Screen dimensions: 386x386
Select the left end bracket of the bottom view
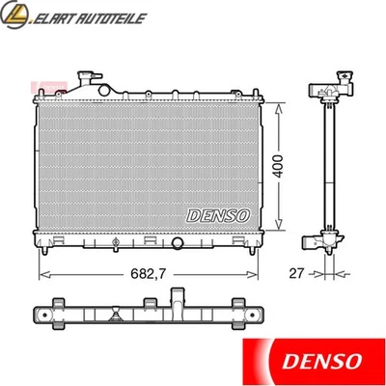[x=43, y=317]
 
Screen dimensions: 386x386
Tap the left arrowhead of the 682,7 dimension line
[x=42, y=274]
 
